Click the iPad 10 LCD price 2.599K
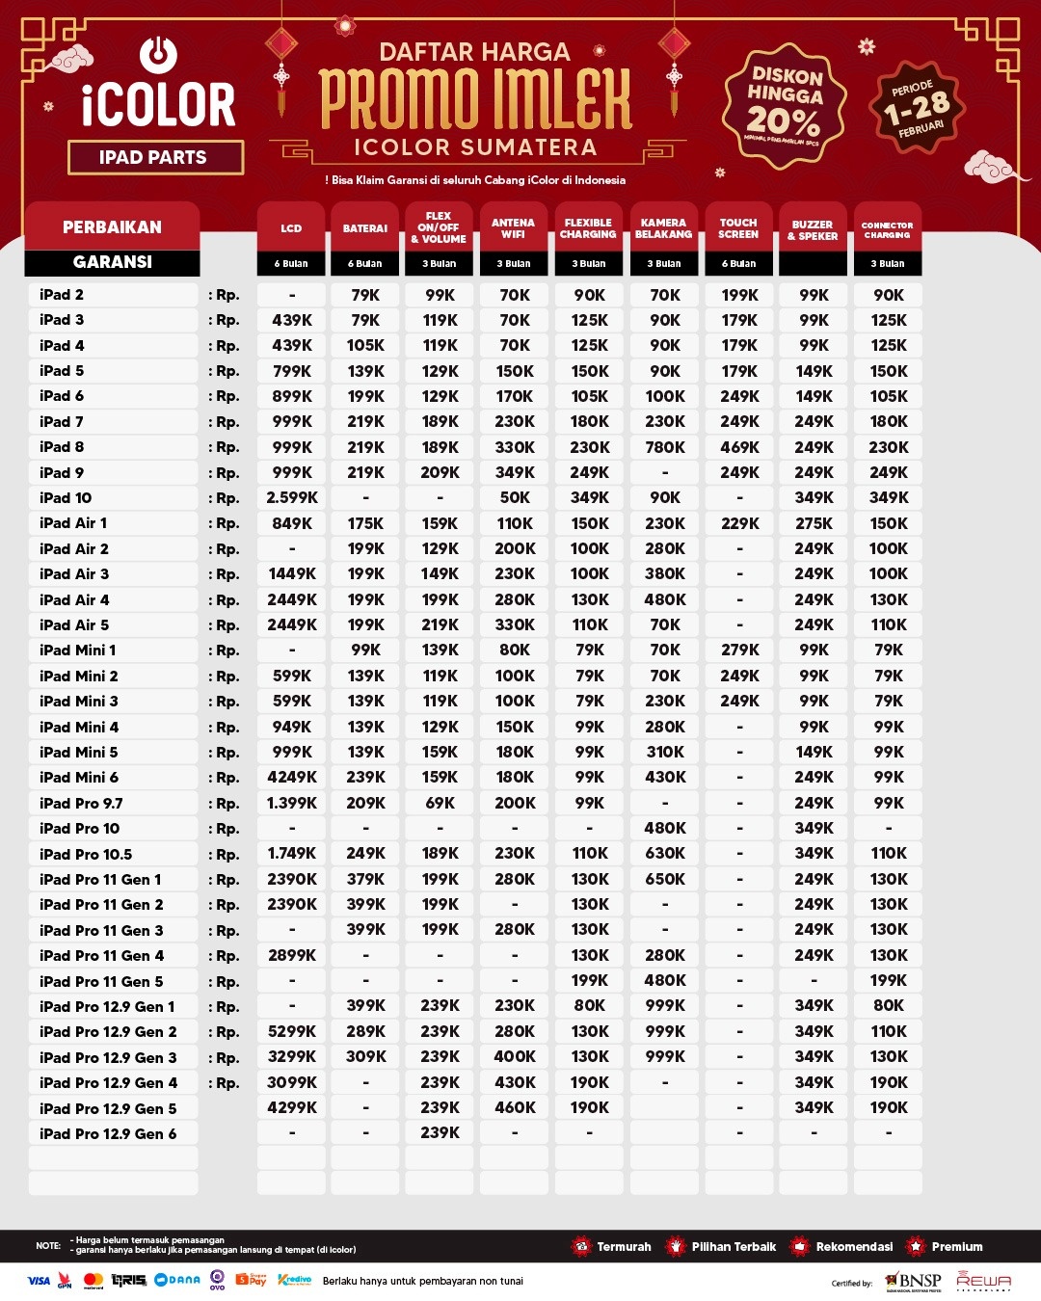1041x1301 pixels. pyautogui.click(x=292, y=498)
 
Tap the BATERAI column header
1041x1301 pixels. pyautogui.click(x=365, y=228)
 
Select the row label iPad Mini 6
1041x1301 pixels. pyautogui.click(x=79, y=778)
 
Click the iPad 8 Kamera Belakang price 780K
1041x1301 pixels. pyautogui.click(x=665, y=447)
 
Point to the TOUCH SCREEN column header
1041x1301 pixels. pyautogui.click(x=738, y=228)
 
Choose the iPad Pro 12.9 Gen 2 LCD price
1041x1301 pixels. pyautogui.click(x=292, y=1031)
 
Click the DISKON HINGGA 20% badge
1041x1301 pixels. pyautogui.click(x=785, y=105)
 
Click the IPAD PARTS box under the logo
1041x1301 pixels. pyautogui.click(x=154, y=157)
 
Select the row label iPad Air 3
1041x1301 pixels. pyautogui.click(x=74, y=574)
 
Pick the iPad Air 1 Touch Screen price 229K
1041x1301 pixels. pyautogui.click(x=739, y=523)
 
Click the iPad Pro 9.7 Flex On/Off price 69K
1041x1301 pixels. pyautogui.click(x=440, y=803)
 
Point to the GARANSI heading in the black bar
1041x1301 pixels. pyautogui.click(x=112, y=262)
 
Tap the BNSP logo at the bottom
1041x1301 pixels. pyautogui.click(x=913, y=1282)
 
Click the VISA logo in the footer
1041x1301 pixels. pyautogui.click(x=39, y=1281)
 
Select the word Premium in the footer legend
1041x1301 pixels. pyautogui.click(x=957, y=1247)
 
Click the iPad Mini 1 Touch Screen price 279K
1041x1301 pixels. pyautogui.click(x=739, y=650)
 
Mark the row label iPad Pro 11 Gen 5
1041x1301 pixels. pyautogui.click(x=101, y=981)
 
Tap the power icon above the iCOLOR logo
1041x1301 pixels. pyautogui.click(x=158, y=55)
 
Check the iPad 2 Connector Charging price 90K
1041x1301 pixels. pyautogui.click(x=888, y=295)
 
